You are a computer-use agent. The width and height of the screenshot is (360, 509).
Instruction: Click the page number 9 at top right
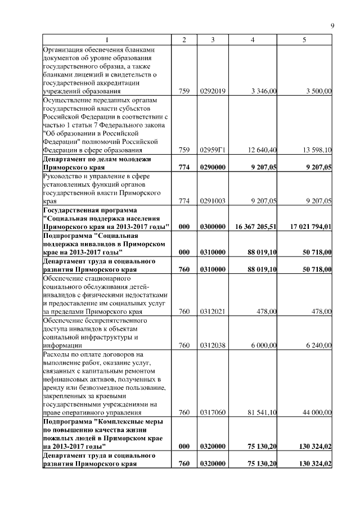tap(332, 26)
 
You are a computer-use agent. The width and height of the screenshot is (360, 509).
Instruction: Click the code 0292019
tap(213, 91)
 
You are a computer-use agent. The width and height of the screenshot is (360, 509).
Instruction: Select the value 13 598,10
tap(318, 150)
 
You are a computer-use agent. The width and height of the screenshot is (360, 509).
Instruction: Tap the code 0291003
tap(213, 201)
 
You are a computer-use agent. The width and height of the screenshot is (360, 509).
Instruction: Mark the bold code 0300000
tap(213, 226)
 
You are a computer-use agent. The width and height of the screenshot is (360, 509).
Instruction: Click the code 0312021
tap(213, 312)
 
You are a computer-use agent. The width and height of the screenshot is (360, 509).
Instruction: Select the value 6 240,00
tap(319, 345)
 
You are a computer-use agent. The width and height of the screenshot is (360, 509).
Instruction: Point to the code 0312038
tap(213, 345)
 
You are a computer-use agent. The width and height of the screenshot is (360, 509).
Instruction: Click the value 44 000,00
tap(318, 413)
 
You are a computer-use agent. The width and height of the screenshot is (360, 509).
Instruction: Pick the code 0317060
tap(213, 413)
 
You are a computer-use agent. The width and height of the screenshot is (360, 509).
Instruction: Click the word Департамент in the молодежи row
tap(66, 159)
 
